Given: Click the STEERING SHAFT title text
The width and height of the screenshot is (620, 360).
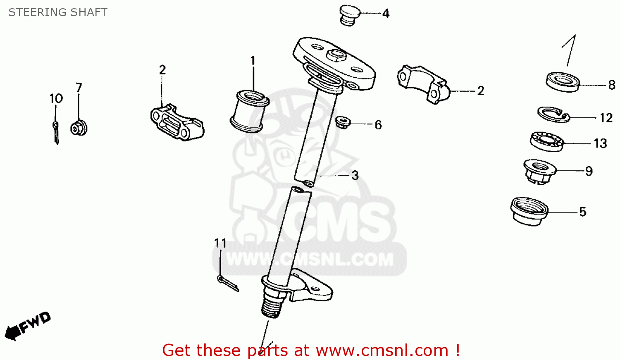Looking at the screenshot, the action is (58, 12).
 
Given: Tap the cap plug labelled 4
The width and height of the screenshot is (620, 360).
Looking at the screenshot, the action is (350, 15).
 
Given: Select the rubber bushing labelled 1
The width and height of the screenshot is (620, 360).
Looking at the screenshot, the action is (249, 111).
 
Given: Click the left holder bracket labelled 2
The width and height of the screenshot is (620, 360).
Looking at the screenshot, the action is (177, 122).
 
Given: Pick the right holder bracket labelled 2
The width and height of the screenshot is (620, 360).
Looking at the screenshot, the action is (424, 84).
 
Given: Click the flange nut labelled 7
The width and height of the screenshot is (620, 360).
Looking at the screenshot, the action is (79, 128).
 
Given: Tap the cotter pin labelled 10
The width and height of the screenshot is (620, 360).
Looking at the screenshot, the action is (56, 133).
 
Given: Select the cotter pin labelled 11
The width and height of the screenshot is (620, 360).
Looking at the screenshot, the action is (228, 283).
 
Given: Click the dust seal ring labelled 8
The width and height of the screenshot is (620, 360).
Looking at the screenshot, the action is (563, 82).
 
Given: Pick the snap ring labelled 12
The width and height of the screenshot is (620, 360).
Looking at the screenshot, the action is (553, 114).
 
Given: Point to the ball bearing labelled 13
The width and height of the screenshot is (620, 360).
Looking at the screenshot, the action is (547, 141).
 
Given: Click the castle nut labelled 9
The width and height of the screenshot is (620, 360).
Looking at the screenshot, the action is (540, 171).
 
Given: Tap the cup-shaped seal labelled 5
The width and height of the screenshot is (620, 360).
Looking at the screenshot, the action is (529, 211).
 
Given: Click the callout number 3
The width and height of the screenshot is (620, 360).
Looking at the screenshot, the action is (355, 175).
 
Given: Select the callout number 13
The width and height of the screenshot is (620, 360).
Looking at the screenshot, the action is (600, 143).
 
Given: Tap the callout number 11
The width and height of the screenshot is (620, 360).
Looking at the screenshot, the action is (220, 243).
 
